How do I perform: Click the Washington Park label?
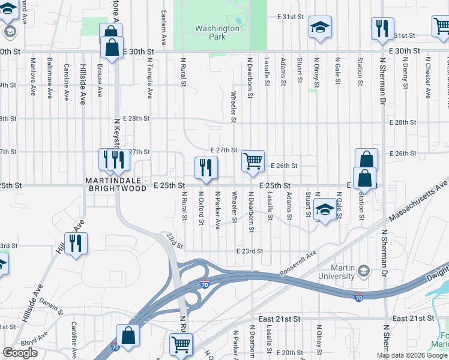[x=218, y=32]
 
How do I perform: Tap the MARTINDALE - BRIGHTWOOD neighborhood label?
[x=115, y=184]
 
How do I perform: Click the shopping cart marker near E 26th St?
[x=253, y=161]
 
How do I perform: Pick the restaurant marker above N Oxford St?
[x=206, y=168]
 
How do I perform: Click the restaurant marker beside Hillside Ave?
[x=76, y=244]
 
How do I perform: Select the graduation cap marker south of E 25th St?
[x=325, y=210]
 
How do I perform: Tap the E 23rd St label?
[x=249, y=251]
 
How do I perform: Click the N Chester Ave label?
[x=428, y=77]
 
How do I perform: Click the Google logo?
[x=20, y=353]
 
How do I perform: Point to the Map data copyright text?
[x=412, y=355]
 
